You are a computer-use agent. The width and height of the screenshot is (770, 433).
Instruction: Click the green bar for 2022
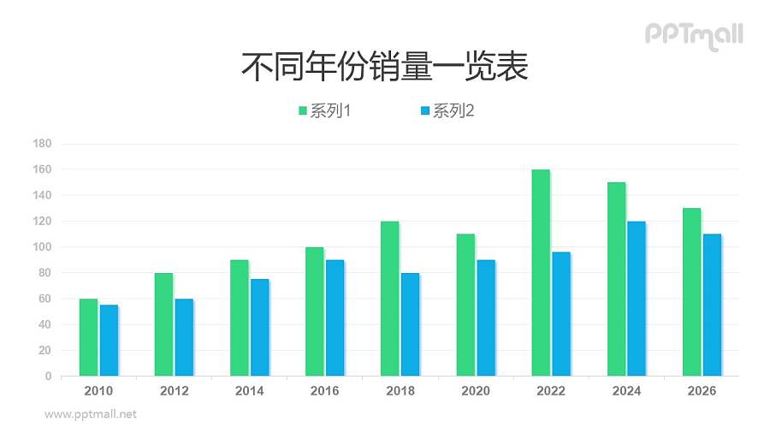[x=541, y=272]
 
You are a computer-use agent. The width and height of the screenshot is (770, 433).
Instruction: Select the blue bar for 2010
[x=109, y=340]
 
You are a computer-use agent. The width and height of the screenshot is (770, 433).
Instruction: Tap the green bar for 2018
[x=389, y=298]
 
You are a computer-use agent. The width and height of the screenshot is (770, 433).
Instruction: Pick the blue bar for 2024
[x=637, y=298]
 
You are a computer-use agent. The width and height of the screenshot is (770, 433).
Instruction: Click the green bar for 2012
[x=163, y=323]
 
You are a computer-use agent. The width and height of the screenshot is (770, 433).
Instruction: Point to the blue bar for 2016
[x=335, y=317]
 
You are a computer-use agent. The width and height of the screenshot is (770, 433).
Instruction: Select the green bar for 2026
[x=691, y=292]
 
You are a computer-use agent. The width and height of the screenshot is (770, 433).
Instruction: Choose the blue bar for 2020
[x=486, y=317]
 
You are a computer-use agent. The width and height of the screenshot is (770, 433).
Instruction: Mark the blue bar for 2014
[x=259, y=327]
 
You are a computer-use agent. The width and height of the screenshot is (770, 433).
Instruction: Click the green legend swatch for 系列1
[x=303, y=110]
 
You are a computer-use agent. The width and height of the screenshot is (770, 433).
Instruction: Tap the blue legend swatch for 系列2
[x=425, y=110]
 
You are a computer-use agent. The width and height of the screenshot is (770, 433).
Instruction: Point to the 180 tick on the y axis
[x=42, y=144]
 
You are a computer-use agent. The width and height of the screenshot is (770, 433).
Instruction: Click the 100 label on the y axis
[x=42, y=247]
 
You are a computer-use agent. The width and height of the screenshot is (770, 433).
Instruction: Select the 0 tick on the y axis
[x=48, y=377]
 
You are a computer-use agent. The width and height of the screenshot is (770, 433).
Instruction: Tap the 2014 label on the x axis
[x=249, y=391]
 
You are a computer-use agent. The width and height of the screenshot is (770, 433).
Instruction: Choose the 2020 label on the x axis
[x=476, y=391]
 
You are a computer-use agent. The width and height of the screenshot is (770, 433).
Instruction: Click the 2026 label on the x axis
[x=702, y=391]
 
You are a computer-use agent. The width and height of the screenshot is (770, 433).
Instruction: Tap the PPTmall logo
[x=693, y=34]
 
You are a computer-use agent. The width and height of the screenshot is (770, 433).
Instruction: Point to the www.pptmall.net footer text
[x=91, y=414]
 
